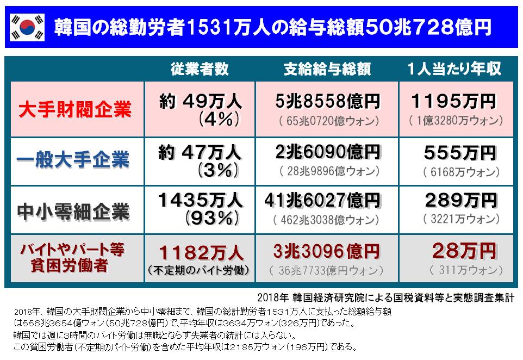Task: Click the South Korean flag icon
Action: pyautogui.click(x=27, y=26)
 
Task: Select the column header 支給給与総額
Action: pyautogui.click(x=327, y=69)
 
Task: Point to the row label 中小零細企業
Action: pyautogui.click(x=75, y=209)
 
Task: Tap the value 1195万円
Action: pyautogui.click(x=453, y=101)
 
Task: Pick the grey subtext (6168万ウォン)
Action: pyautogui.click(x=461, y=172)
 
